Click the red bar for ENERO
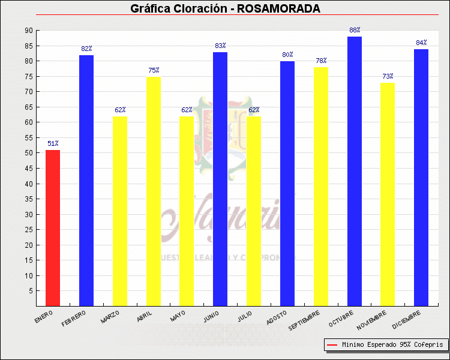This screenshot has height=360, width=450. (53, 228)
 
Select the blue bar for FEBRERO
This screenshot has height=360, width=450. (86, 180)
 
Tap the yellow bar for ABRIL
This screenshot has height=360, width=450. (153, 191)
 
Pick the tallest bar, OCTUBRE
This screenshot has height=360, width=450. (355, 171)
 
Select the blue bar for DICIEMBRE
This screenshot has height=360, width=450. (421, 178)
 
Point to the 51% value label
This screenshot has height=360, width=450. (53, 143)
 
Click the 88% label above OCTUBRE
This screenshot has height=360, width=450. (355, 30)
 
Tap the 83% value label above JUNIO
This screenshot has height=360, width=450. (220, 46)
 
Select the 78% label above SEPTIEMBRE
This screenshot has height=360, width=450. (321, 61)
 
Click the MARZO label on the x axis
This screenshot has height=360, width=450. (111, 316)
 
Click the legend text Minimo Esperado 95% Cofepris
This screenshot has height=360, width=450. (392, 344)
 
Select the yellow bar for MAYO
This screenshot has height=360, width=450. (187, 211)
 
